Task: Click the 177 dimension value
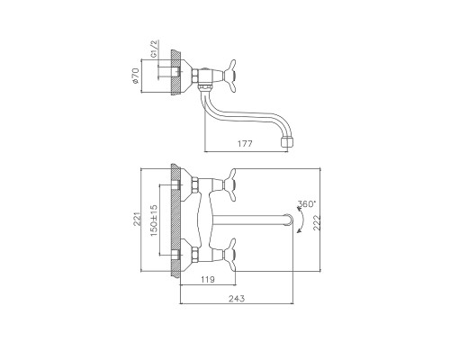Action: click(245, 144)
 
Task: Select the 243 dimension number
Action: click(237, 299)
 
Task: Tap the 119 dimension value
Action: click(208, 280)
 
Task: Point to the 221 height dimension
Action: click(137, 219)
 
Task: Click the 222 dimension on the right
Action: click(317, 222)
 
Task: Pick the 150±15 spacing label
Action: click(154, 220)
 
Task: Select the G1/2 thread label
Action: click(154, 49)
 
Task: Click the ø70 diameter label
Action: click(136, 76)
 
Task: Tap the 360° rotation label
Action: click(307, 204)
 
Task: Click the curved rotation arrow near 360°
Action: click(302, 220)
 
